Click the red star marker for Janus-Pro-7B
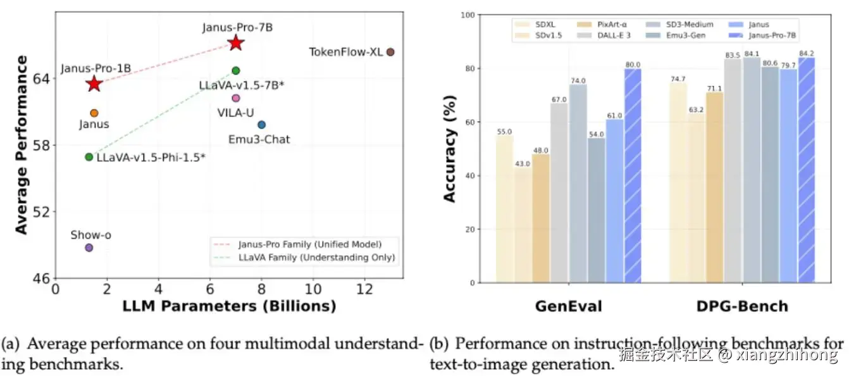pyautogui.click(x=236, y=43)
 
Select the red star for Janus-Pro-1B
pyautogui.click(x=94, y=84)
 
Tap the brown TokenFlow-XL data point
pyautogui.click(x=390, y=52)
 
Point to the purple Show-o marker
pyautogui.click(x=89, y=248)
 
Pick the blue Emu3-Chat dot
pyautogui.click(x=261, y=125)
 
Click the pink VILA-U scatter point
pyautogui.click(x=236, y=98)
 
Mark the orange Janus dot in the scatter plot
pyautogui.click(x=94, y=113)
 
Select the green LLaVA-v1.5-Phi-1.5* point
pyautogui.click(x=89, y=157)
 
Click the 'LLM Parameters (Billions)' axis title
pyautogui.click(x=228, y=307)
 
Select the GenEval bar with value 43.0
pyautogui.click(x=523, y=225)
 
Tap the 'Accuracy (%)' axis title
pyautogui.click(x=450, y=158)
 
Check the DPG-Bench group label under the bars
pyautogui.click(x=743, y=307)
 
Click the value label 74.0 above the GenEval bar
pyautogui.click(x=578, y=80)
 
